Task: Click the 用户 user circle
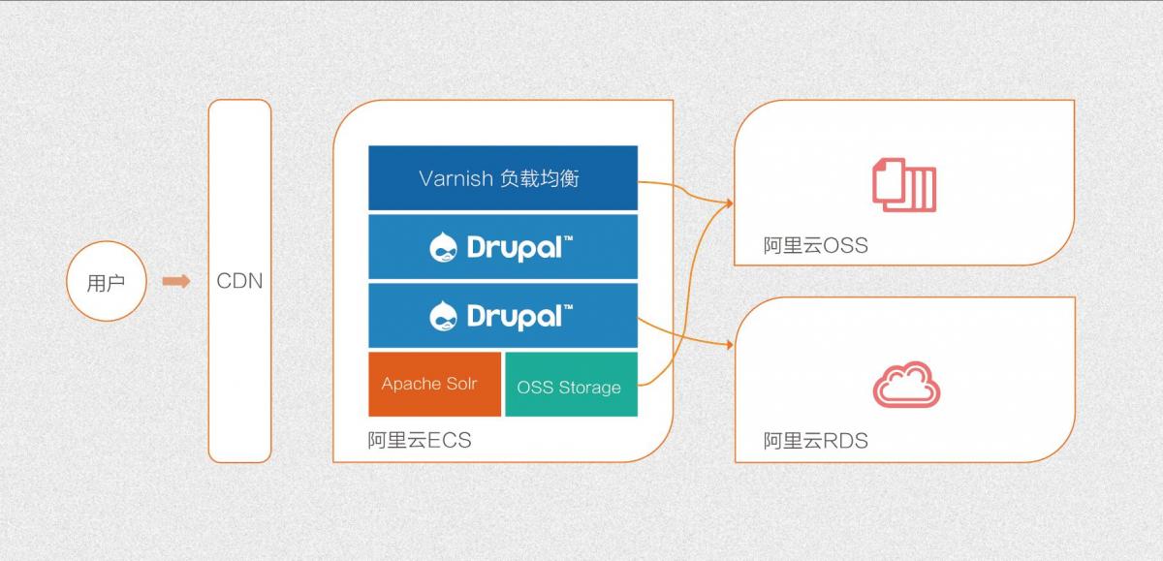tap(107, 281)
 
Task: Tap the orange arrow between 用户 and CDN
tap(176, 281)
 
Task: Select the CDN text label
tap(239, 281)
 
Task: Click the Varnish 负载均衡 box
tap(503, 178)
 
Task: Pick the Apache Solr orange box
tap(434, 384)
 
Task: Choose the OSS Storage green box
tap(571, 384)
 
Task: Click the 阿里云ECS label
tap(420, 440)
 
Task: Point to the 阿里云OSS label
tap(816, 245)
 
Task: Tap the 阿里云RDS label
tap(816, 441)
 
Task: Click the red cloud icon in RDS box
tap(906, 385)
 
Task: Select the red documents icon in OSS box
tap(904, 185)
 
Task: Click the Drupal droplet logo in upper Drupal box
tap(444, 247)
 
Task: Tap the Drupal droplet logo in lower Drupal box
tap(444, 316)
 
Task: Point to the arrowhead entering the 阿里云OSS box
tap(730, 203)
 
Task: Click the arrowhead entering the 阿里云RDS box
tap(730, 344)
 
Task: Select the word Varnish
tap(456, 178)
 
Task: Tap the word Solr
tap(461, 384)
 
